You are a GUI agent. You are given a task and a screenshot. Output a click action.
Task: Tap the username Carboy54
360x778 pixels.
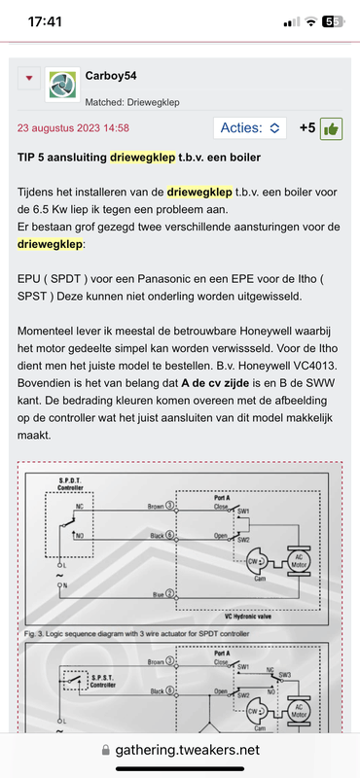point(118,75)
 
